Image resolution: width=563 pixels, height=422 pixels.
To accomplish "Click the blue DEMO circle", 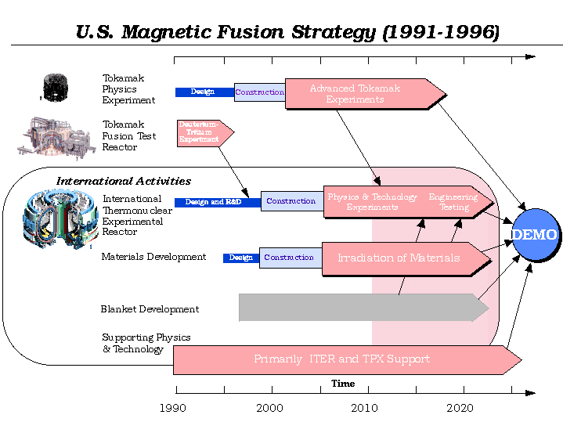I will tap(536, 235).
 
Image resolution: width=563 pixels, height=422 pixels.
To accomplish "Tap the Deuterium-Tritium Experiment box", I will tap(201, 132).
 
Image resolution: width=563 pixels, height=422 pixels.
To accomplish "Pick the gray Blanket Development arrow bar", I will tap(360, 308).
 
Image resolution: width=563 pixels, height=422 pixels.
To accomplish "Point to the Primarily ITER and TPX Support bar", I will tap(342, 359).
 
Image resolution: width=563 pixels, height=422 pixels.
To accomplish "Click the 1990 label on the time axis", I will tap(173, 408).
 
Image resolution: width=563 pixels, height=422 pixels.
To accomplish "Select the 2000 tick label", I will tap(270, 408).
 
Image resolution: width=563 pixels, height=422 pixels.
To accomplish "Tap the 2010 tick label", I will tap(364, 408).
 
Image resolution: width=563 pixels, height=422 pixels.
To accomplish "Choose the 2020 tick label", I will tap(460, 408).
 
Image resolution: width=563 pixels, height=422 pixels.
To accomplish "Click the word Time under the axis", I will tap(343, 384).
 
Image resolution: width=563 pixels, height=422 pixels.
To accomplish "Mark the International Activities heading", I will tap(124, 182).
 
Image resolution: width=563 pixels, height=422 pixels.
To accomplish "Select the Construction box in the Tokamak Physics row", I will tap(259, 92).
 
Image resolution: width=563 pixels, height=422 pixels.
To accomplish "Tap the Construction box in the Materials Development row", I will tap(289, 258).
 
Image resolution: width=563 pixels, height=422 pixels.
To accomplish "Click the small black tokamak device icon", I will tap(55, 88).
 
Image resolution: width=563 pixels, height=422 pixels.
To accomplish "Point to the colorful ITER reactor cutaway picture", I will tap(59, 217).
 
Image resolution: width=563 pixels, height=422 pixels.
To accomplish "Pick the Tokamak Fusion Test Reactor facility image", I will tap(53, 138).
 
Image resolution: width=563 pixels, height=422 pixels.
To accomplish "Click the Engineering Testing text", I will tap(453, 202).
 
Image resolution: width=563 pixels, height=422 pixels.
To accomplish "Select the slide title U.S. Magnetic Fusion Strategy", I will tap(287, 33).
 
